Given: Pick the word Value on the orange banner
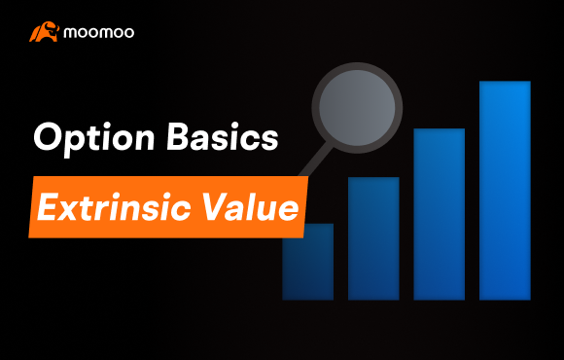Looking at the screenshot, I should pyautogui.click(x=245, y=207).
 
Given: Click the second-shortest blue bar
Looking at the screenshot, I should pyautogui.click(x=373, y=238).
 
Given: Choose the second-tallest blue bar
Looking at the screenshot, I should pyautogui.click(x=440, y=214).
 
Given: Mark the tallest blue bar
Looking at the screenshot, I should pyautogui.click(x=505, y=191).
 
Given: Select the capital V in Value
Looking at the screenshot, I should pyautogui.click(x=214, y=207).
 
